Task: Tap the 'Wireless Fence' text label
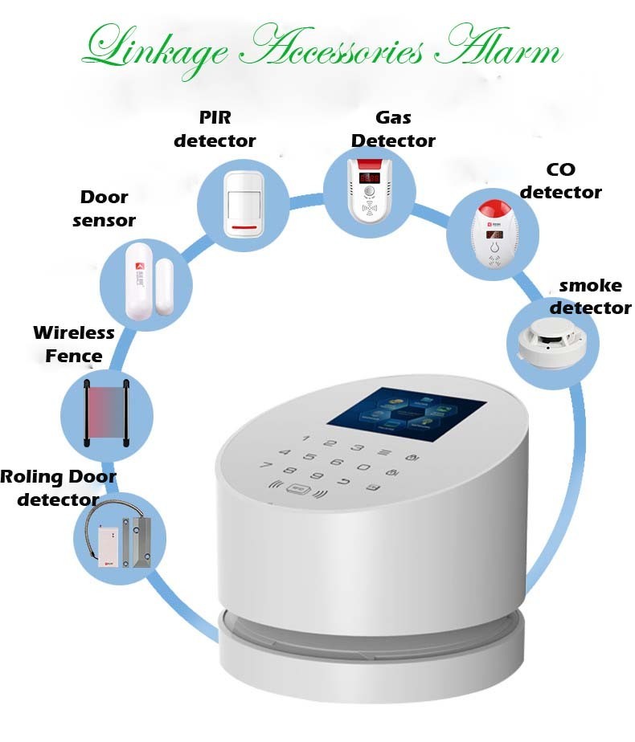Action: point(74,344)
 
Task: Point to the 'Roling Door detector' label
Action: point(58,487)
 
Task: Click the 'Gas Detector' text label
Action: point(393,129)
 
